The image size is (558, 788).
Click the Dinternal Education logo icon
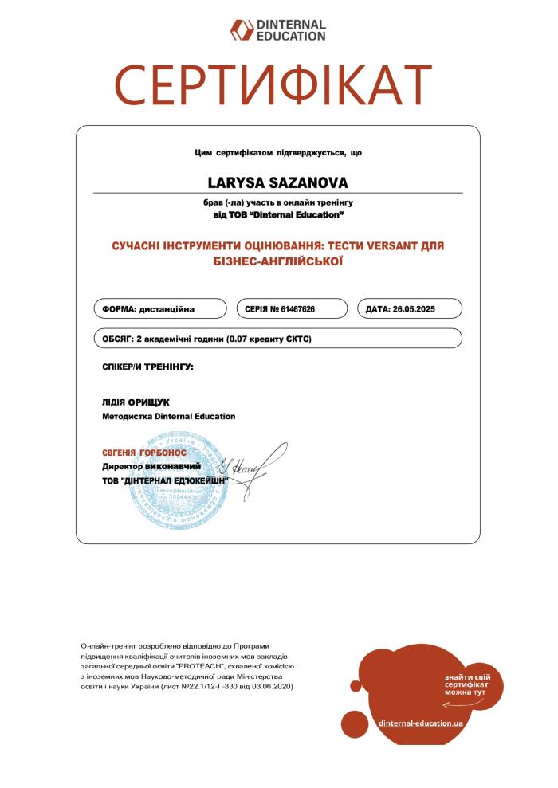tap(242, 30)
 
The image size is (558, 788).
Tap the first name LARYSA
tap(240, 184)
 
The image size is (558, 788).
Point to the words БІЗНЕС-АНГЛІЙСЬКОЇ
tap(278, 261)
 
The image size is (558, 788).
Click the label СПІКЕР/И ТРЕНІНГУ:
tap(148, 368)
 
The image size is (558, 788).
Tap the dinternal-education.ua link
tap(422, 723)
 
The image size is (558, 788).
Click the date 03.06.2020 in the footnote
tap(272, 684)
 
